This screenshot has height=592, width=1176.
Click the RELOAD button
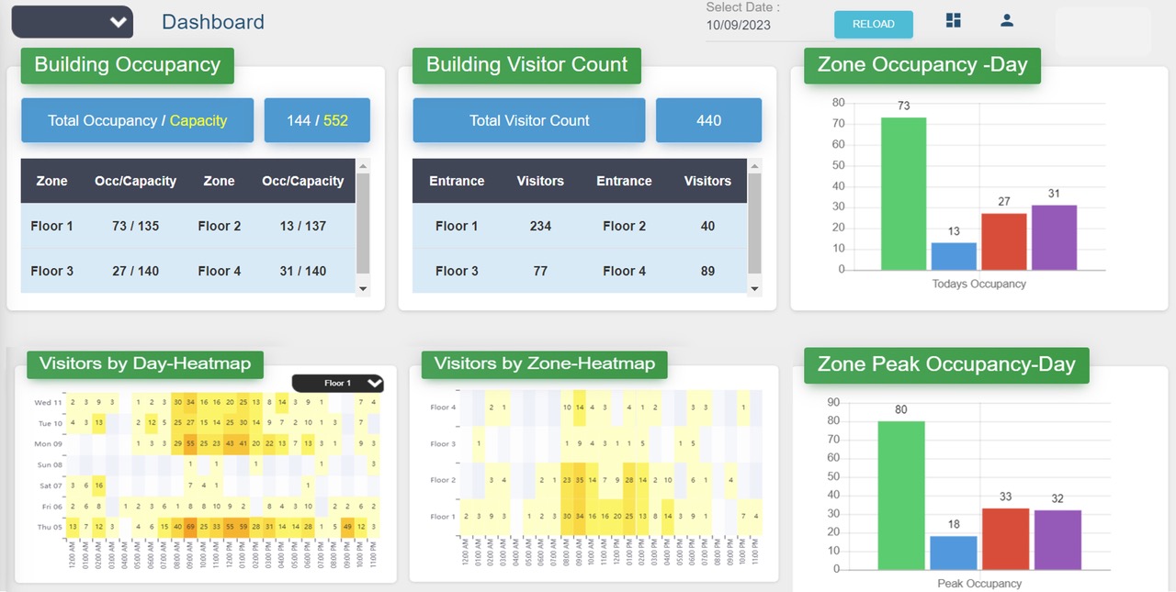(x=873, y=25)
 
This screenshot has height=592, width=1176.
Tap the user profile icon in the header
(x=1007, y=20)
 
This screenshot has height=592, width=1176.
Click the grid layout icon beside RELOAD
(x=954, y=20)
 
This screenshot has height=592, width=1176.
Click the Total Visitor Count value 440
(x=708, y=120)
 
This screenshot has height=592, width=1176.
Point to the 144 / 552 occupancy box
(x=317, y=120)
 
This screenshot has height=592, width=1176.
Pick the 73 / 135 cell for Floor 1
(x=135, y=226)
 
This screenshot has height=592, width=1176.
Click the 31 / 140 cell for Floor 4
(x=302, y=271)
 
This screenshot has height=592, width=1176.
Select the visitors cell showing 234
(x=540, y=226)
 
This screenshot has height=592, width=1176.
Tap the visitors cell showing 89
(x=707, y=271)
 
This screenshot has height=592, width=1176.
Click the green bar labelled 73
(x=903, y=194)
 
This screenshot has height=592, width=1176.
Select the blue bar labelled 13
(x=954, y=256)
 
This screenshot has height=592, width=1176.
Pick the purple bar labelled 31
(x=1054, y=238)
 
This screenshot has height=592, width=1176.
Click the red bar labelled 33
(x=1005, y=539)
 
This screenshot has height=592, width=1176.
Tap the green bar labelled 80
(x=901, y=496)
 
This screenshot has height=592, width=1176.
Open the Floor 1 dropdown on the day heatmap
(x=337, y=383)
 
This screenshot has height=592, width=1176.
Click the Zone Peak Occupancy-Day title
(x=946, y=364)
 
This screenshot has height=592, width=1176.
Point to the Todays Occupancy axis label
(x=978, y=284)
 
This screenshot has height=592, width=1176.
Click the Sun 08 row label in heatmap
(x=49, y=465)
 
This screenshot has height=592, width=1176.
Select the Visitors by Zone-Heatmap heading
(x=544, y=363)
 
